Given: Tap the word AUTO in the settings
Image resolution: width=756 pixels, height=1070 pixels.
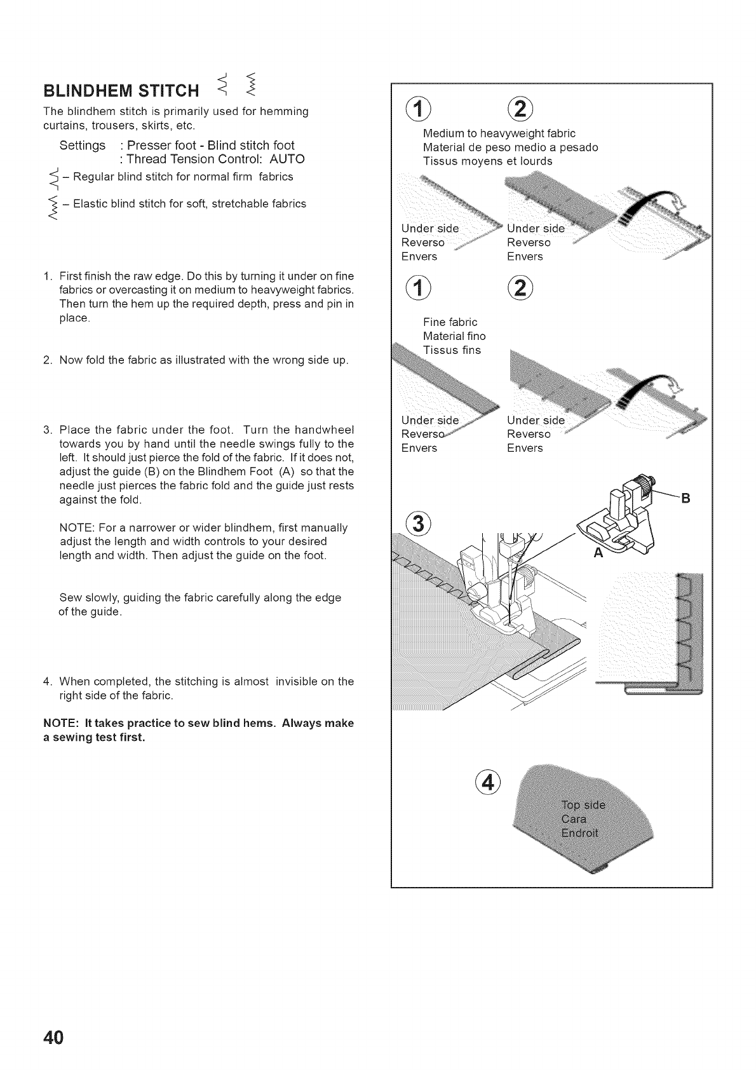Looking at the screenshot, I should click(287, 159).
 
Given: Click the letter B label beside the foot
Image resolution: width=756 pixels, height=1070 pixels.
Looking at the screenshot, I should click(685, 498).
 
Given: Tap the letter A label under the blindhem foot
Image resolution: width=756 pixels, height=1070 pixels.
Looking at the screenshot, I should click(598, 552).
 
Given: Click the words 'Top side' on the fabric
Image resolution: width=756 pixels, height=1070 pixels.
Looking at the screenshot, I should click(583, 805).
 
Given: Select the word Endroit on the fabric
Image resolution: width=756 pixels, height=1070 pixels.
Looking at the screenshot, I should click(580, 834).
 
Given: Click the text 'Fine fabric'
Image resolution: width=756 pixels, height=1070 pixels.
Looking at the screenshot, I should click(450, 322).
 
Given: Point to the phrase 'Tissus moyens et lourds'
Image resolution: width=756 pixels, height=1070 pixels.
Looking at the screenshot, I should click(487, 161).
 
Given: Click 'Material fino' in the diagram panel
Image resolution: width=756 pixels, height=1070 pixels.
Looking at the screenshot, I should click(454, 336).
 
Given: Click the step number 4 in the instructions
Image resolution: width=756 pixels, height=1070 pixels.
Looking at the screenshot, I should click(46, 682).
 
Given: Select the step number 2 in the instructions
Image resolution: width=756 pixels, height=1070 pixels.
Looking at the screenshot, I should click(46, 360).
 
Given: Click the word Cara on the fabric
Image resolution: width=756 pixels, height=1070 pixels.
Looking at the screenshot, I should click(574, 820).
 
